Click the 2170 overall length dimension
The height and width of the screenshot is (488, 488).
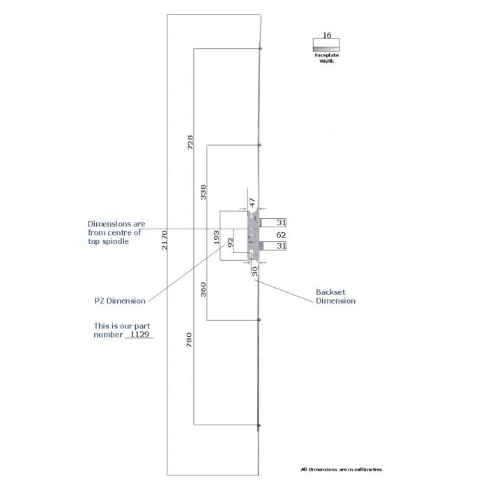[165, 240]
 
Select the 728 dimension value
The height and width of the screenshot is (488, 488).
[190, 142]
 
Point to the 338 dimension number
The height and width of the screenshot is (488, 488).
[203, 192]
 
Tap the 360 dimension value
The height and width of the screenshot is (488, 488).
[203, 289]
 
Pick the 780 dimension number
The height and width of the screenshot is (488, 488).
[189, 340]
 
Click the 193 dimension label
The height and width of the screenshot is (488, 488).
[216, 237]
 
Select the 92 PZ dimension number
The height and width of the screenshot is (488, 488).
[230, 243]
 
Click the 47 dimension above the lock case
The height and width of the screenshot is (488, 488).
[252, 203]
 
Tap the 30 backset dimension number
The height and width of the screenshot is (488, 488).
[254, 271]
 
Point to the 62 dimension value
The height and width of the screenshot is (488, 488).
[281, 235]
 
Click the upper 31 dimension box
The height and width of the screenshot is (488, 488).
[273, 222]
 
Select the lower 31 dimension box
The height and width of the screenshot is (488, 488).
[273, 246]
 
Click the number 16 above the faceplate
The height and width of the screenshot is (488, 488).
[327, 35]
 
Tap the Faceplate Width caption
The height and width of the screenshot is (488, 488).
[326, 58]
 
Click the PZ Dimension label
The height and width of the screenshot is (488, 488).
[120, 301]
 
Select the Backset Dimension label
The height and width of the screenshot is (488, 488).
[335, 296]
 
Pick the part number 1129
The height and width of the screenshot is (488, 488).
[139, 334]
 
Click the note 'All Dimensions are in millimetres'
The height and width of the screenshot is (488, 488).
[342, 469]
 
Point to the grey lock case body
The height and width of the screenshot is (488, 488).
[253, 235]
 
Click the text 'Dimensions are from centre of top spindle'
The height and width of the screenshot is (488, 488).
[116, 232]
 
